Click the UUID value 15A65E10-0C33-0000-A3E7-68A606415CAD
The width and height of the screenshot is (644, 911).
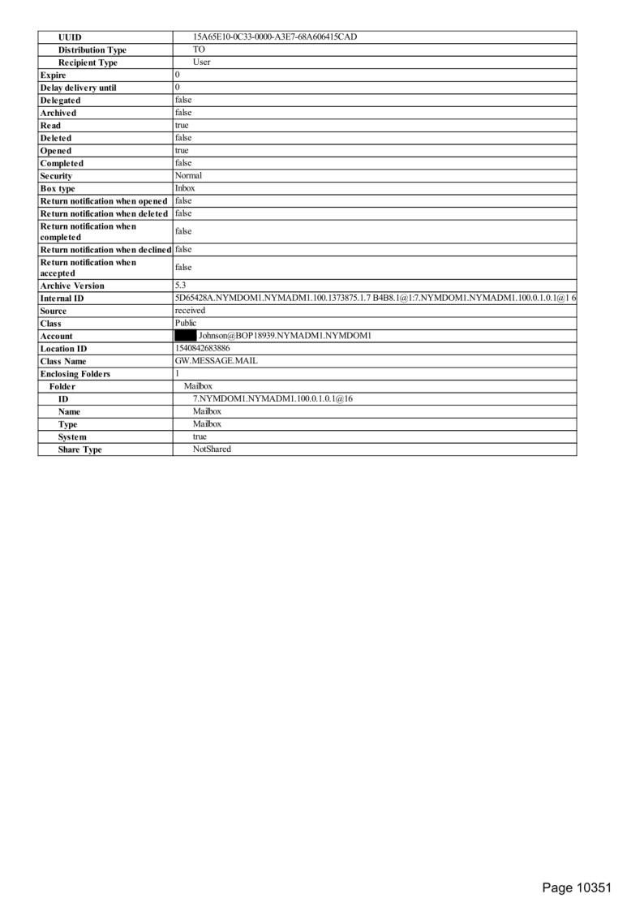click(x=274, y=37)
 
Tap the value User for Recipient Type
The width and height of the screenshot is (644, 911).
click(x=201, y=62)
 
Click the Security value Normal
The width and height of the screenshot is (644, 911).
click(x=188, y=175)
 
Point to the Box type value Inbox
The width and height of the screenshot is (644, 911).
click(x=185, y=188)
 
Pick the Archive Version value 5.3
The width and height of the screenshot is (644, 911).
click(x=181, y=286)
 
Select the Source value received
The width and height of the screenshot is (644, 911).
click(x=190, y=311)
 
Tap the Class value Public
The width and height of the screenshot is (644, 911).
click(x=186, y=323)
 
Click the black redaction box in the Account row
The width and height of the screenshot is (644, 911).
click(x=186, y=336)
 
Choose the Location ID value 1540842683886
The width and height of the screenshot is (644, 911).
click(x=202, y=348)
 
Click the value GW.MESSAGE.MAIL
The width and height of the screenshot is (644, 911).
click(x=217, y=361)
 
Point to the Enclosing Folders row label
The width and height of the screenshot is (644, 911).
click(x=75, y=374)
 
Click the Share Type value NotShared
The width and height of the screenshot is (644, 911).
click(x=212, y=449)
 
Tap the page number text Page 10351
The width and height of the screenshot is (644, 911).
click(x=576, y=887)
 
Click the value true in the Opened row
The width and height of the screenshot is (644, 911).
click(x=182, y=151)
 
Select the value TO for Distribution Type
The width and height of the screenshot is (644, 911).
click(x=199, y=49)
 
